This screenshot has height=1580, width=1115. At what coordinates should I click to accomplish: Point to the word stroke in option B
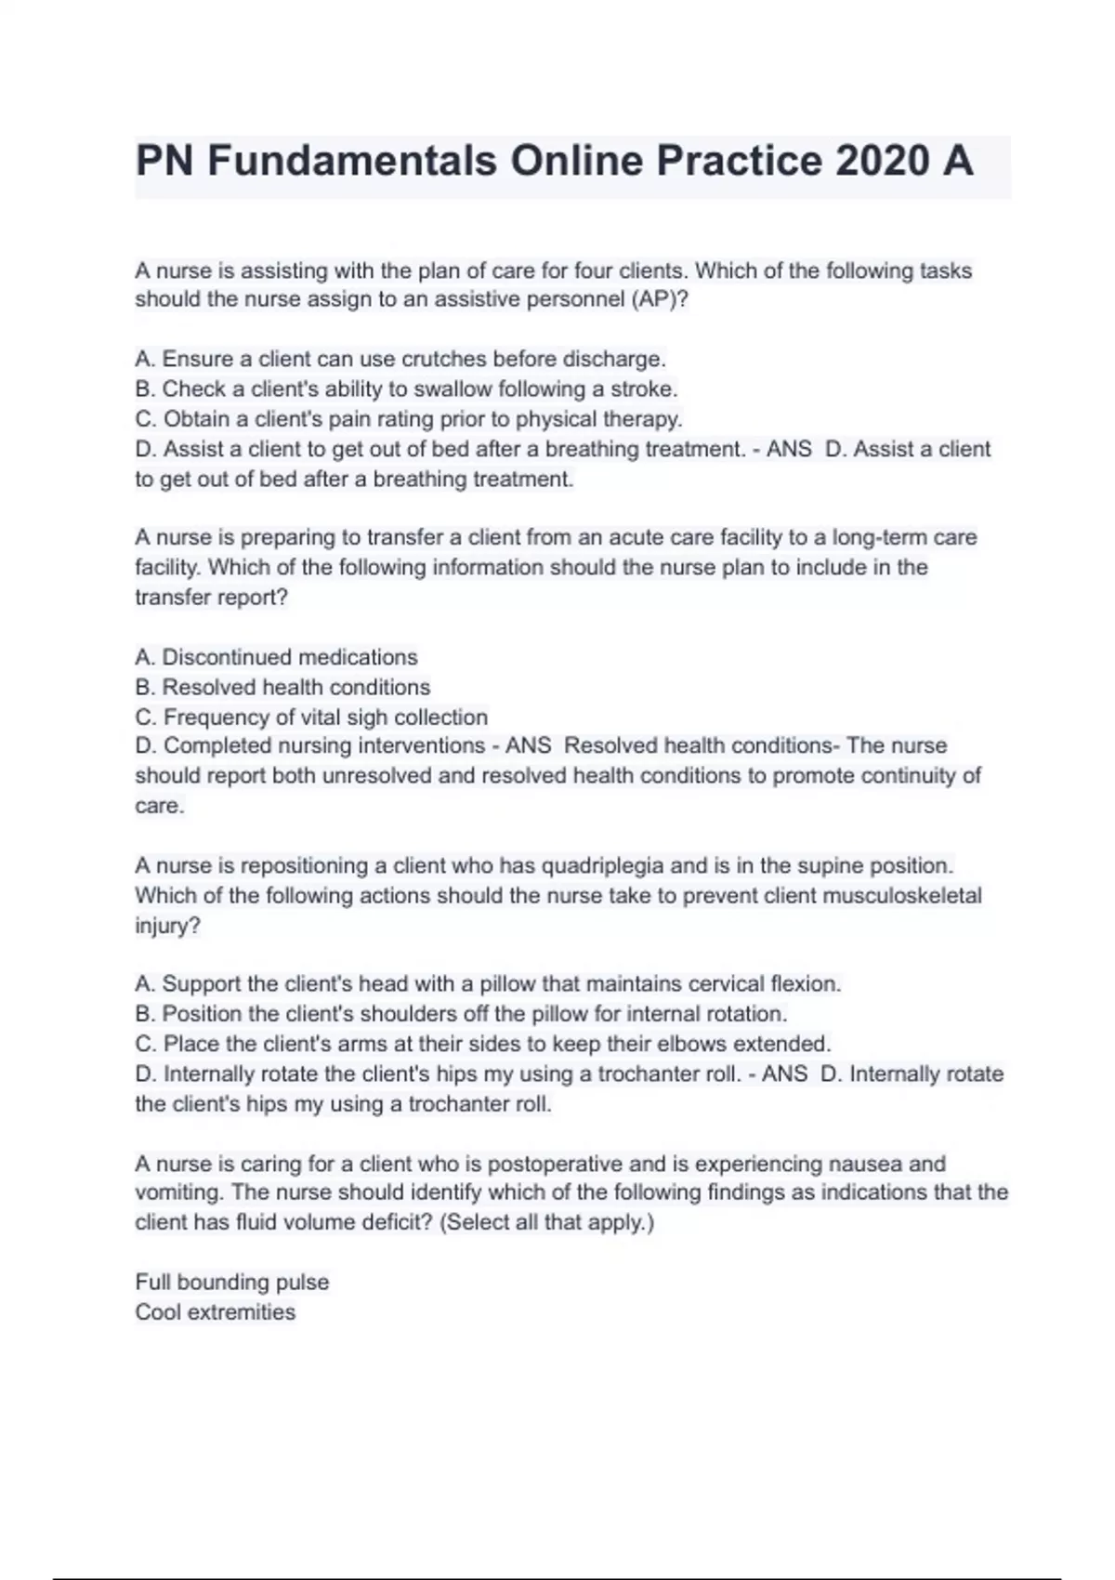point(643,388)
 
